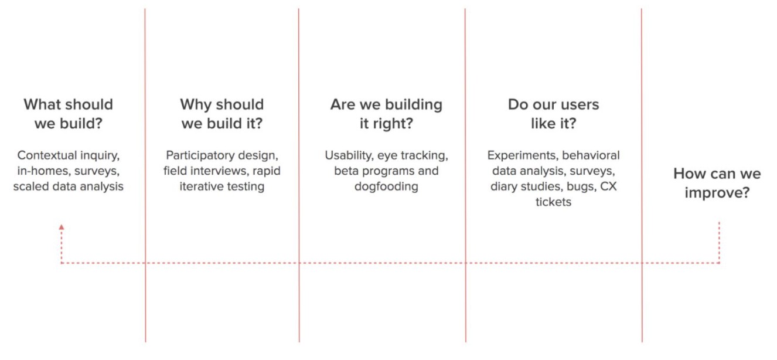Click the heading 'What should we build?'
(69, 114)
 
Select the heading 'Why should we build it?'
(222, 114)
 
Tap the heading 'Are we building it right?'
(386, 114)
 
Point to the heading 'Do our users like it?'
(553, 114)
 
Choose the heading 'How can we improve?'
(717, 183)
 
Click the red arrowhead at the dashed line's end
(62, 227)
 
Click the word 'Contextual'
(42, 155)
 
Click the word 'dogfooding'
(386, 187)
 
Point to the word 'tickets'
(553, 202)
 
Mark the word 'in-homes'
(44, 171)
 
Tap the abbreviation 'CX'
(608, 186)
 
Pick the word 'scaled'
(31, 186)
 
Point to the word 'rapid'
(267, 171)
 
